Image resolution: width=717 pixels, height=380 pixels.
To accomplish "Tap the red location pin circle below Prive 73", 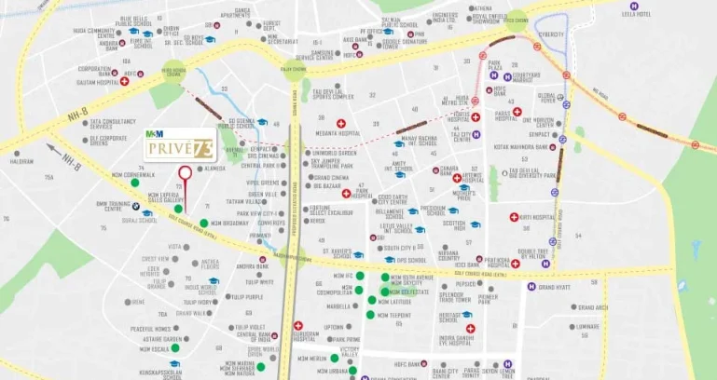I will [185, 172].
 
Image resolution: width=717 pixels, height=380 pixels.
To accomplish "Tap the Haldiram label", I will [21, 161].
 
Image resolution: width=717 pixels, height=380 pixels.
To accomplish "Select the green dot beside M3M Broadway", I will [203, 224].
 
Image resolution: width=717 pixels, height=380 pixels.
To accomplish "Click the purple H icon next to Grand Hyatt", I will [532, 287].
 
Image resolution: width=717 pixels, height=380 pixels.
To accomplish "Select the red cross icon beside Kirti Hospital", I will [514, 217].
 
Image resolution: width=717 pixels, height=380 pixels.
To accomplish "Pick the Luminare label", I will [587, 326].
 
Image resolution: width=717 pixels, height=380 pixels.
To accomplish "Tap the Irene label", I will [138, 302].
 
